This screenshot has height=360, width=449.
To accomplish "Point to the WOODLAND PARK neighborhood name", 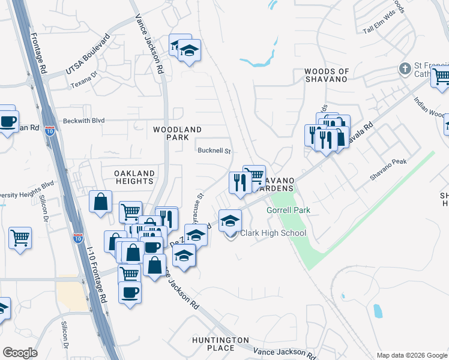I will pyautogui.click(x=177, y=133).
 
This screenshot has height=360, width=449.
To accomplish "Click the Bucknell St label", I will pyautogui.click(x=214, y=151).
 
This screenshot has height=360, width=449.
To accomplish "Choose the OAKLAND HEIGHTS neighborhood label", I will pyautogui.click(x=134, y=177).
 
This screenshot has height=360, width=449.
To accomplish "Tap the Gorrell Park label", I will pyautogui.click(x=288, y=211).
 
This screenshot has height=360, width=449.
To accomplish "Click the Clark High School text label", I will pyautogui.click(x=274, y=233).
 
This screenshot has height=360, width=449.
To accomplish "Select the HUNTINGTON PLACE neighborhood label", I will pyautogui.click(x=220, y=344).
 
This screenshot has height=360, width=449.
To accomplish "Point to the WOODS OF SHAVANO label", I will pyautogui.click(x=327, y=75).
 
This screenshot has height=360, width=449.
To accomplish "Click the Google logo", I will pyautogui.click(x=20, y=353).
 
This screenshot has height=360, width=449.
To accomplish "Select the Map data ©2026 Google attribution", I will pyautogui.click(x=411, y=355).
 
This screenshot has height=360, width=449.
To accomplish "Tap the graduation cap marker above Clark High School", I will pyautogui.click(x=230, y=220).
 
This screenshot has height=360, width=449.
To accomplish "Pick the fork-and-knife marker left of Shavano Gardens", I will pyautogui.click(x=240, y=182).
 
